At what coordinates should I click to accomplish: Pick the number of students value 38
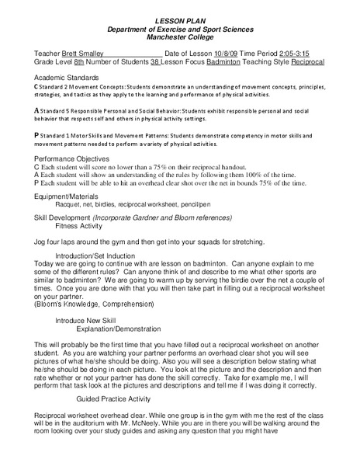click(x=155, y=61)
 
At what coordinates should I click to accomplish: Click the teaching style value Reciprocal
click(x=309, y=61)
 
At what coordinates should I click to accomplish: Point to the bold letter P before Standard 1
click(x=37, y=135)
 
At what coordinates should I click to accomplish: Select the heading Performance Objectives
click(x=74, y=158)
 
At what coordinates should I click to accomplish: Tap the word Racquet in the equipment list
click(x=61, y=205)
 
